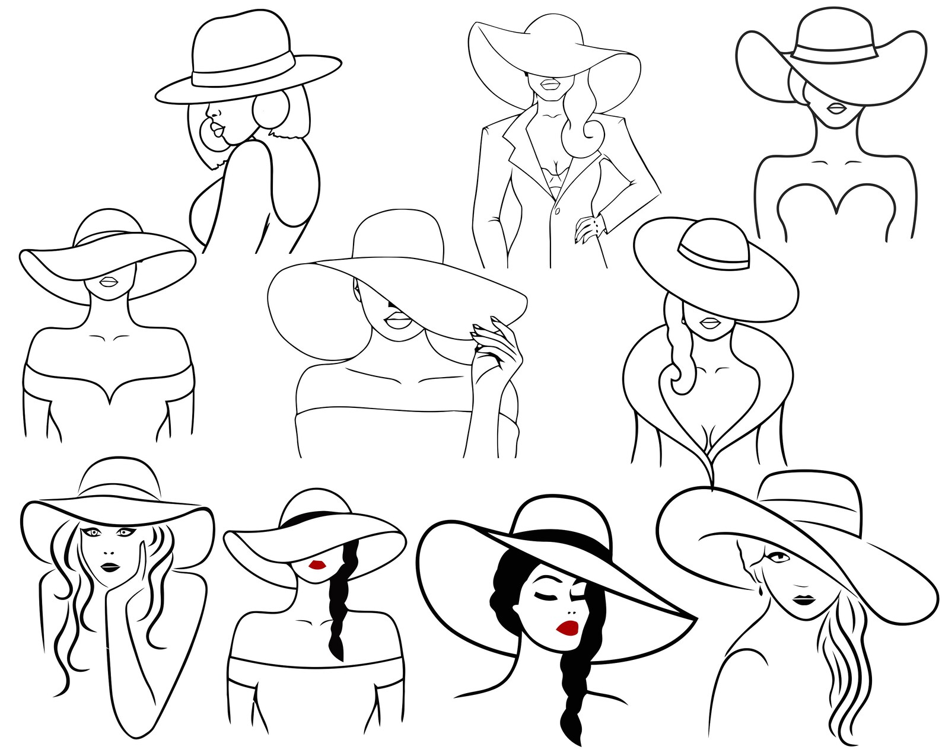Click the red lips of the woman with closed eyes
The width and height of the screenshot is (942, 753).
pyautogui.click(x=569, y=627)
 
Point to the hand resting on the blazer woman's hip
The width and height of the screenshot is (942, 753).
pyautogui.click(x=588, y=228)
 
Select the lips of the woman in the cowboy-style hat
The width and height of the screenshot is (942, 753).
pyautogui.click(x=837, y=109)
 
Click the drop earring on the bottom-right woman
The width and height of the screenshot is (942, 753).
pyautogui.click(x=762, y=592)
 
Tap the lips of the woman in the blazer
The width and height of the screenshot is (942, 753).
pyautogui.click(x=550, y=85)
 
